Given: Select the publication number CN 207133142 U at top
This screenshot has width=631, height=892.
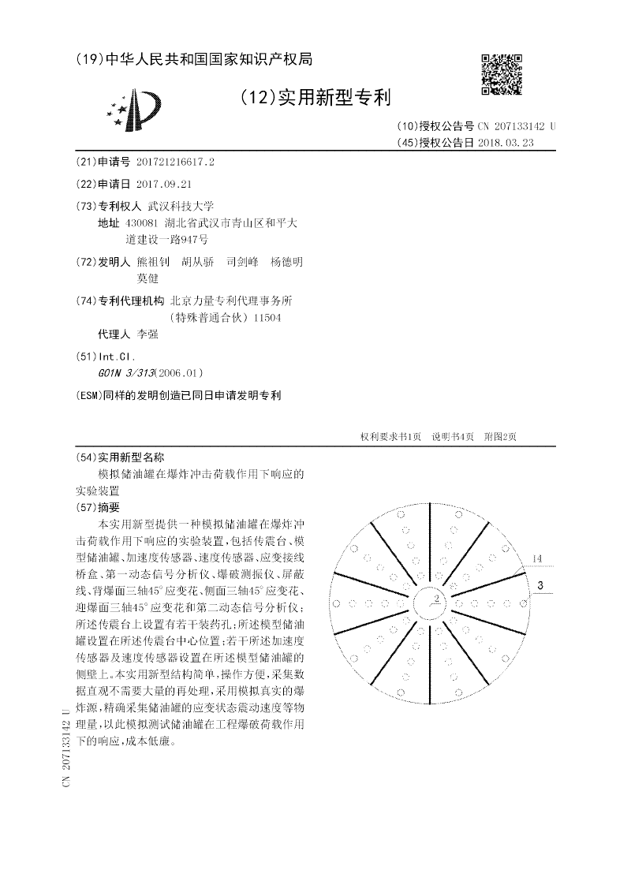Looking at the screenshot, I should point(517,126).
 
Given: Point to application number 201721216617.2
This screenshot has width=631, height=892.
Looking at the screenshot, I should point(175,161).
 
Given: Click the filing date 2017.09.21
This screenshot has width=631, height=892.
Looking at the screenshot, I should point(164,184).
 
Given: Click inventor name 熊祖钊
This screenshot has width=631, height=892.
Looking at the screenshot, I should point(153,262).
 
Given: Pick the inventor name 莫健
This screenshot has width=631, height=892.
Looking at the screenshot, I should point(147,278).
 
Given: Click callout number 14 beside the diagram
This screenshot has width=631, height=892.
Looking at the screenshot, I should point(536,559).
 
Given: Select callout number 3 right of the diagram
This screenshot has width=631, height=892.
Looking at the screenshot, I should point(540,585).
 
